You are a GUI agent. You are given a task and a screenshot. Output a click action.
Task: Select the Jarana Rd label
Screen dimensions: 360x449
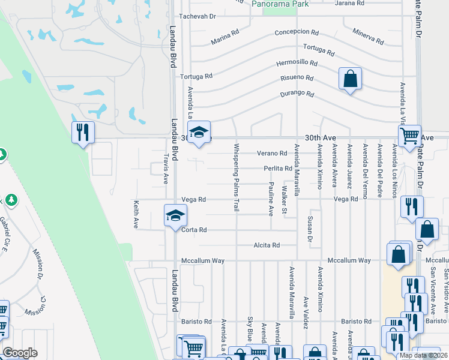point(351,3)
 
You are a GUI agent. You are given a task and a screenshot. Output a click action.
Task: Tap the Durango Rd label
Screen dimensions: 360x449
point(297,94)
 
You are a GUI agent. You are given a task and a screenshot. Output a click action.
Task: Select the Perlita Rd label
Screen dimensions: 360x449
point(277,169)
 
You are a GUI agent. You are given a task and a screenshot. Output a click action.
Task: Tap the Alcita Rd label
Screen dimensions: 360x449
point(267,245)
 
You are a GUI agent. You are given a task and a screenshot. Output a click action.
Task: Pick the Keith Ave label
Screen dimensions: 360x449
point(136,214)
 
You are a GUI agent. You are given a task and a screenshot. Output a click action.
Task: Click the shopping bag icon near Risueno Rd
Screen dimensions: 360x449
point(350,79)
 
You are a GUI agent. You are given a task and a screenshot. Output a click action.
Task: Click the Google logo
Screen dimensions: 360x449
point(20,353)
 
